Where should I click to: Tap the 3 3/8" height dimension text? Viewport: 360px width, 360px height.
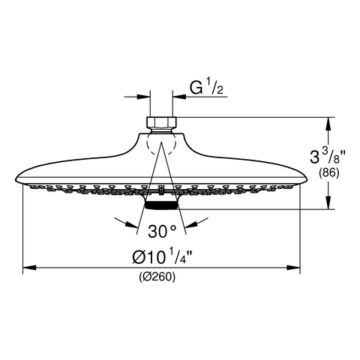pos(328,156)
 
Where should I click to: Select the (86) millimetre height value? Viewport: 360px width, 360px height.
pos(329,173)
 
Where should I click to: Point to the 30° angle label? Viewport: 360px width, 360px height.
pos(162,231)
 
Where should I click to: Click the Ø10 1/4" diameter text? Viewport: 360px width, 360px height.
pos(162,256)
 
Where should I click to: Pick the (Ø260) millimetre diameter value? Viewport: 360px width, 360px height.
pos(157,277)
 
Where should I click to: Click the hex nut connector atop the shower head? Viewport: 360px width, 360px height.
pos(161,122)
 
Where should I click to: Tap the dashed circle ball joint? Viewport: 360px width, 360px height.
pos(161,144)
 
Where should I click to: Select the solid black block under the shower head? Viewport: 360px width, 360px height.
pos(161,205)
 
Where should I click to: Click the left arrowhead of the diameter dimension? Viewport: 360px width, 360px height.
pos(29,268)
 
